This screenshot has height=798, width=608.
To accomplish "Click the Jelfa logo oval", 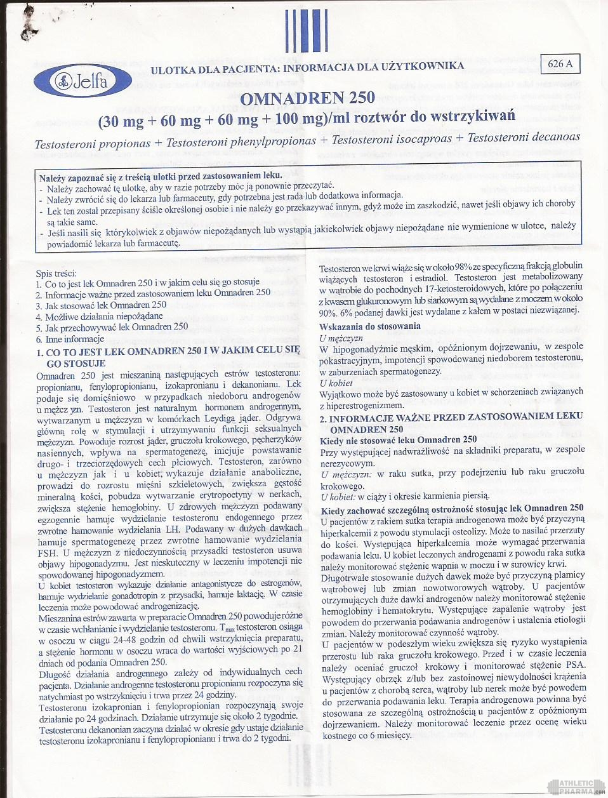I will tap(83, 81).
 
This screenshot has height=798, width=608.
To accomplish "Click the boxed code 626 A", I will tap(560, 63).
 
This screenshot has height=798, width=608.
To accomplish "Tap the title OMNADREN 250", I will tap(307, 98).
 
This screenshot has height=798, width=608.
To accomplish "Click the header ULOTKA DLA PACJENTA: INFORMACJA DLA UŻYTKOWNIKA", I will tap(307, 67).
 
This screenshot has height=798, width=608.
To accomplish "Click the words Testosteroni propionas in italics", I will tap(93, 144).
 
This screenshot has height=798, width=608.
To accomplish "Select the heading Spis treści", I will tap(56, 274).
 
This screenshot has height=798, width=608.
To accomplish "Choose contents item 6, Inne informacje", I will tap(69, 339).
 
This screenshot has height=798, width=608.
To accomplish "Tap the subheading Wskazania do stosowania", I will tap(370, 326).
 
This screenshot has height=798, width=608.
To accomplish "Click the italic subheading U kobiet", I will tap(336, 383).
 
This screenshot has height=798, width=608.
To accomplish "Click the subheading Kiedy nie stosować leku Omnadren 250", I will tap(399, 439).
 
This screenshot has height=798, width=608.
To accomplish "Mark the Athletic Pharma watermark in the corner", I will tap(576, 787).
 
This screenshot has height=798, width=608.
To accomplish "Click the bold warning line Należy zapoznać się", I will tap(161, 176).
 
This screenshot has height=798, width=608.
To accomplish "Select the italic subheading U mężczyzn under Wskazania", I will tap(341, 338).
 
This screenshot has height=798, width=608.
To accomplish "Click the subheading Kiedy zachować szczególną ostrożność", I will tap(452, 508).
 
